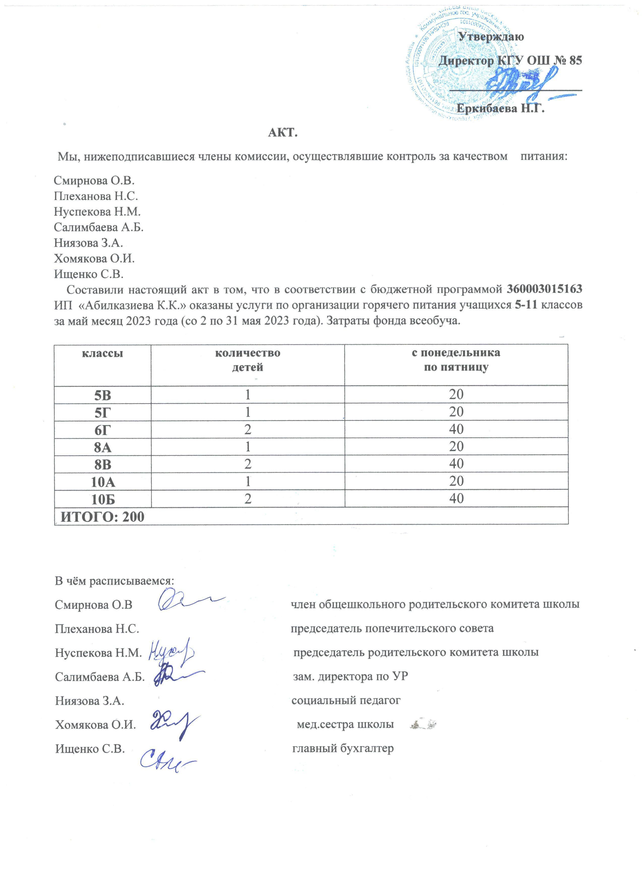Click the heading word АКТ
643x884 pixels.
[x=283, y=133]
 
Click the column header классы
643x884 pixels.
[x=102, y=353]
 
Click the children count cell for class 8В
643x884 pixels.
[x=248, y=464]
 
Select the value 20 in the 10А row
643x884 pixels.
[x=456, y=481]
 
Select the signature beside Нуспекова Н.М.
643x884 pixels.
[x=171, y=650]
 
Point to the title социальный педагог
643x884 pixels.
[x=346, y=700]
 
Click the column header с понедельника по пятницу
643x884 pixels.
[x=456, y=360]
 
